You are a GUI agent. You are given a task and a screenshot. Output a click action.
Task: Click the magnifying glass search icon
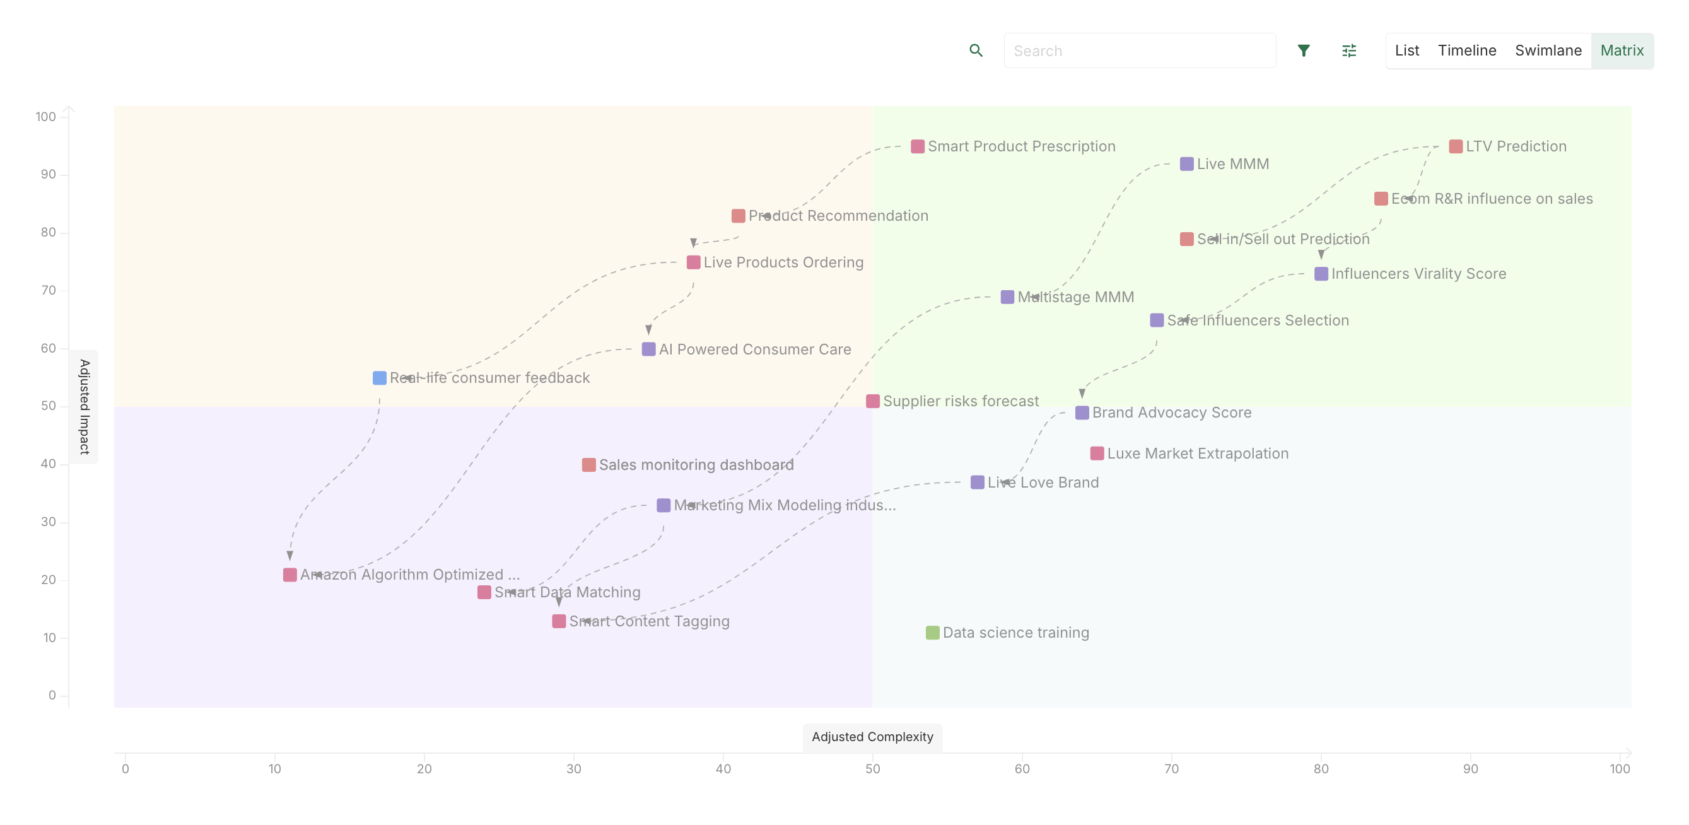976,50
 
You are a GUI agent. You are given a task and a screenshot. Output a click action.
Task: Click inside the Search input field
1140,50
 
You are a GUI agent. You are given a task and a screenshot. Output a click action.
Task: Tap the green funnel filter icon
1304,50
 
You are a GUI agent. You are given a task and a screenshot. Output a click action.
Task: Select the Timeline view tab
1467,50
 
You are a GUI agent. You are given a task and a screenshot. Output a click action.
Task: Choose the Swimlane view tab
1548,50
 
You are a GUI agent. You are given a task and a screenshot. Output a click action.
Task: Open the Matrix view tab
1622,50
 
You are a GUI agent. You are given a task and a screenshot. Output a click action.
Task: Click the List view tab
1406,50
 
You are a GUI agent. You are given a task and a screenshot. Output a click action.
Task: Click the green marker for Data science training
932,632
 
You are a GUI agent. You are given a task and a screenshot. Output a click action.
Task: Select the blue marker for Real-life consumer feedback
379,378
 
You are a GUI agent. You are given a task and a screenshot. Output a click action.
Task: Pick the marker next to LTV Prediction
1456,146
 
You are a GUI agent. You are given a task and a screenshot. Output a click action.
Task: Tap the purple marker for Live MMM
1186,164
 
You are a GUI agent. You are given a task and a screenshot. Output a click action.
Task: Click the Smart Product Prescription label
1021,146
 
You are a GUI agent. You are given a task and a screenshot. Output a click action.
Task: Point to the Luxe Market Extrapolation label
1197,453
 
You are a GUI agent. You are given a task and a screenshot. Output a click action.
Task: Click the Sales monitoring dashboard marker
589,465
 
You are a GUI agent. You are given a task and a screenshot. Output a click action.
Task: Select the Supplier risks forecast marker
873,401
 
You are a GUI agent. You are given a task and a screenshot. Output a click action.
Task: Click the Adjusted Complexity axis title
872,737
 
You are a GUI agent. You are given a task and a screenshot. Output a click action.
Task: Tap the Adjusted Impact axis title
85,407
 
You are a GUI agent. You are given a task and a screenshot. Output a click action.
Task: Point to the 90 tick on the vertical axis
48,175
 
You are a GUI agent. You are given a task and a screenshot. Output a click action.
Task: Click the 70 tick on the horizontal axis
1171,769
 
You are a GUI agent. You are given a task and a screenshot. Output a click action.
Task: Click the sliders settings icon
1348,50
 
